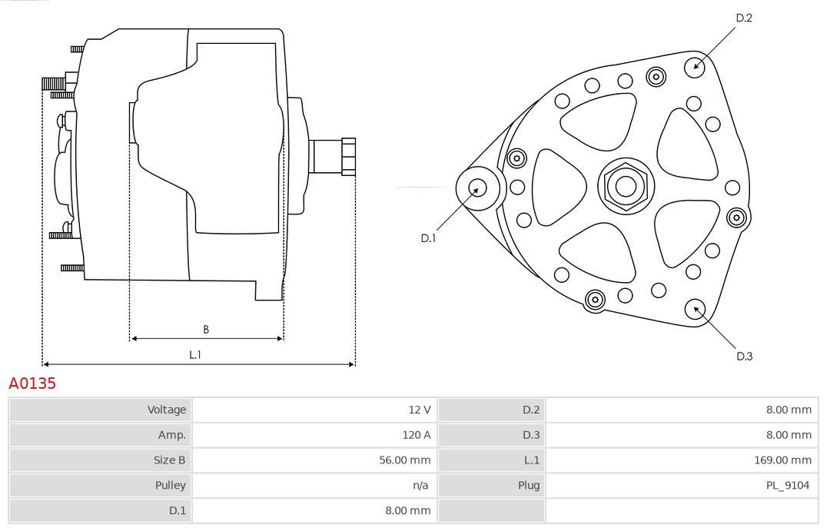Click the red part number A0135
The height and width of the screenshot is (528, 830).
[x=32, y=383]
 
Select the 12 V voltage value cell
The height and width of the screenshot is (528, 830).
[x=420, y=410]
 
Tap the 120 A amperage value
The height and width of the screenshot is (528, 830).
[x=416, y=435]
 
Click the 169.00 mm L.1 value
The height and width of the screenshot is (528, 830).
[x=782, y=460]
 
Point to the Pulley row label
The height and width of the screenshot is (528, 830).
[x=170, y=485]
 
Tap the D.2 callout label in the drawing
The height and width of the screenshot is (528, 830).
[x=743, y=18]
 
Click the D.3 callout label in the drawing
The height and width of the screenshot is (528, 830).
[x=743, y=356]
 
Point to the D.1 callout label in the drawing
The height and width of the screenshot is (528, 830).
[x=428, y=238]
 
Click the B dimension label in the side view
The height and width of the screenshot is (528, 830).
[x=206, y=330]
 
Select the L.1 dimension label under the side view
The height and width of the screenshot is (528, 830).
[x=195, y=354]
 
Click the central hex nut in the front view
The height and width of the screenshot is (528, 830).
[x=626, y=186]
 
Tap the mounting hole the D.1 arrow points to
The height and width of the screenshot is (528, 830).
[x=477, y=188]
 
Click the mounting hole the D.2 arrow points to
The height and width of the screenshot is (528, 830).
[x=695, y=65]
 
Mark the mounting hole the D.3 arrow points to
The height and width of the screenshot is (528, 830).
[x=696, y=309]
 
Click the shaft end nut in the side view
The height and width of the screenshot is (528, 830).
[x=348, y=156]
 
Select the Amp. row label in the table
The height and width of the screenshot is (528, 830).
[x=171, y=435]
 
